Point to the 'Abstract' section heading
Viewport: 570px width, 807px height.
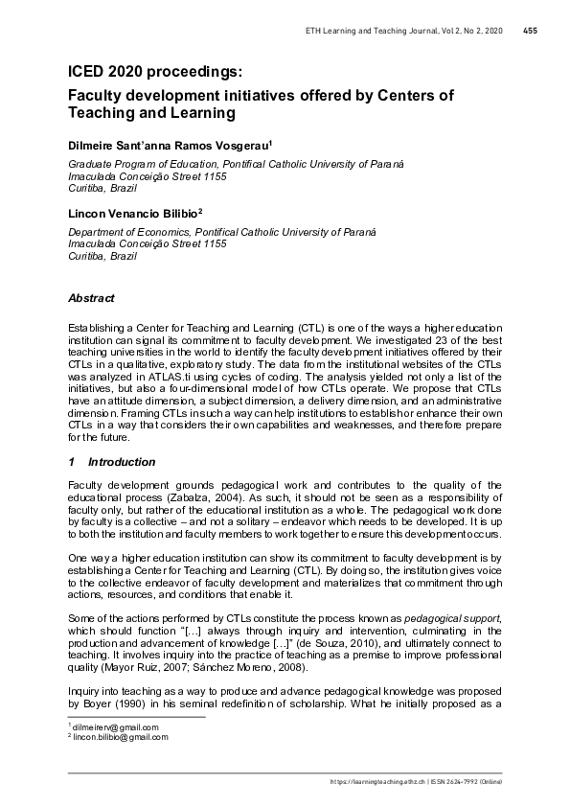(91, 298)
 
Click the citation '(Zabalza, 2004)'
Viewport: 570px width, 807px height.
(244, 499)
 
